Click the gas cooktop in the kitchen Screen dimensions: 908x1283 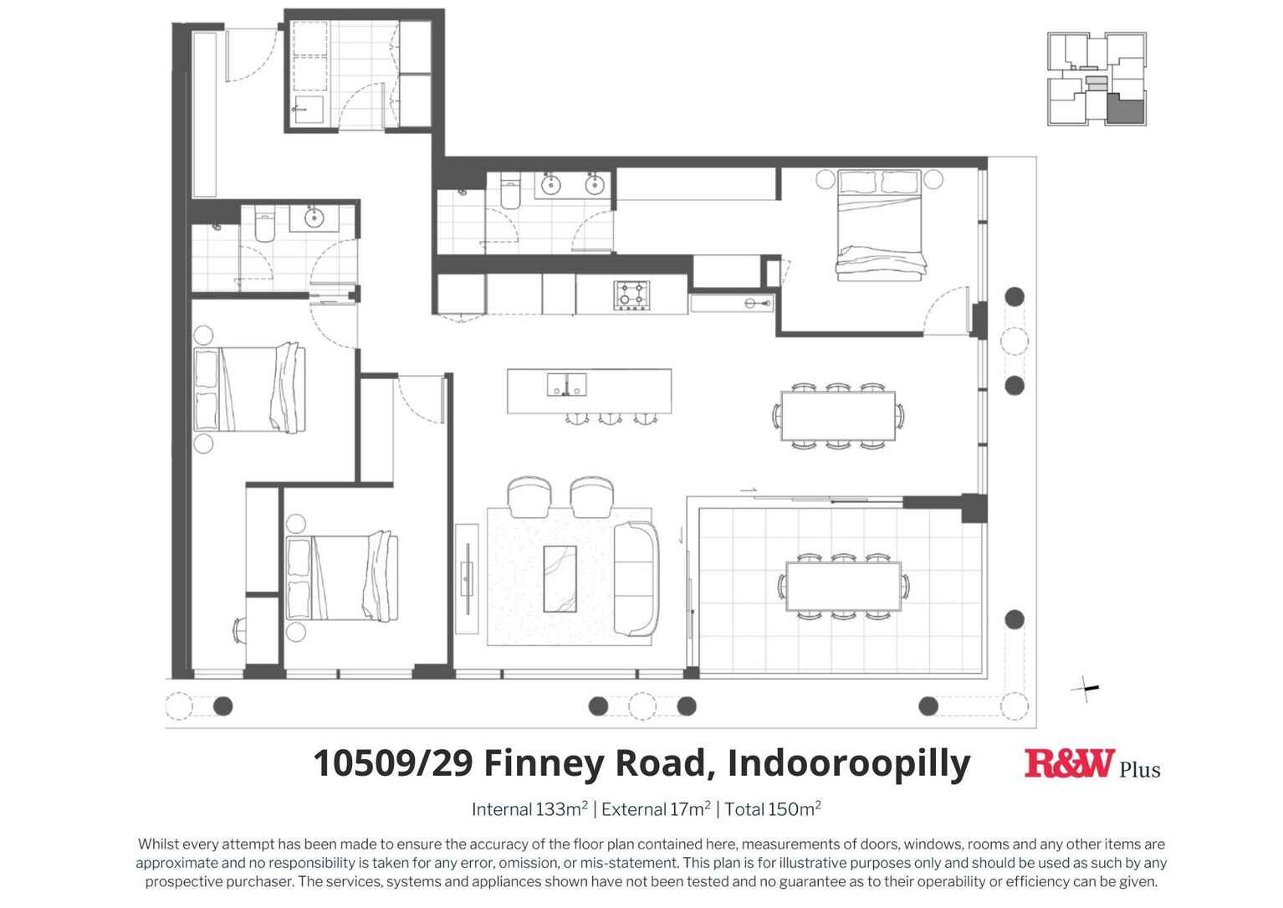pyautogui.click(x=630, y=295)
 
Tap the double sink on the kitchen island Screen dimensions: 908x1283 pyautogui.click(x=566, y=385)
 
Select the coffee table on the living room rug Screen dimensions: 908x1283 pyautogui.click(x=560, y=578)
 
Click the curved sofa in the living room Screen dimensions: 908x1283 pyautogui.click(x=636, y=578)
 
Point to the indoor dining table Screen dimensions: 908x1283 pyautogui.click(x=837, y=416)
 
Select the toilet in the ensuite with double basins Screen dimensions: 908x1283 pyautogui.click(x=510, y=195)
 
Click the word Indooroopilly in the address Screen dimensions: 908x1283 pyautogui.click(x=848, y=763)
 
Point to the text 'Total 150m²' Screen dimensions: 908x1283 pyautogui.click(x=772, y=809)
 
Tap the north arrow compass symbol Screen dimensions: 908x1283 pyautogui.click(x=1086, y=689)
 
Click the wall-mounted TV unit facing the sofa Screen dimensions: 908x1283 pyautogui.click(x=466, y=578)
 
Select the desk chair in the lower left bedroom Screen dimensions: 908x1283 pyautogui.click(x=238, y=629)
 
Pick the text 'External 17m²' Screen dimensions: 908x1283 pyautogui.click(x=656, y=809)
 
